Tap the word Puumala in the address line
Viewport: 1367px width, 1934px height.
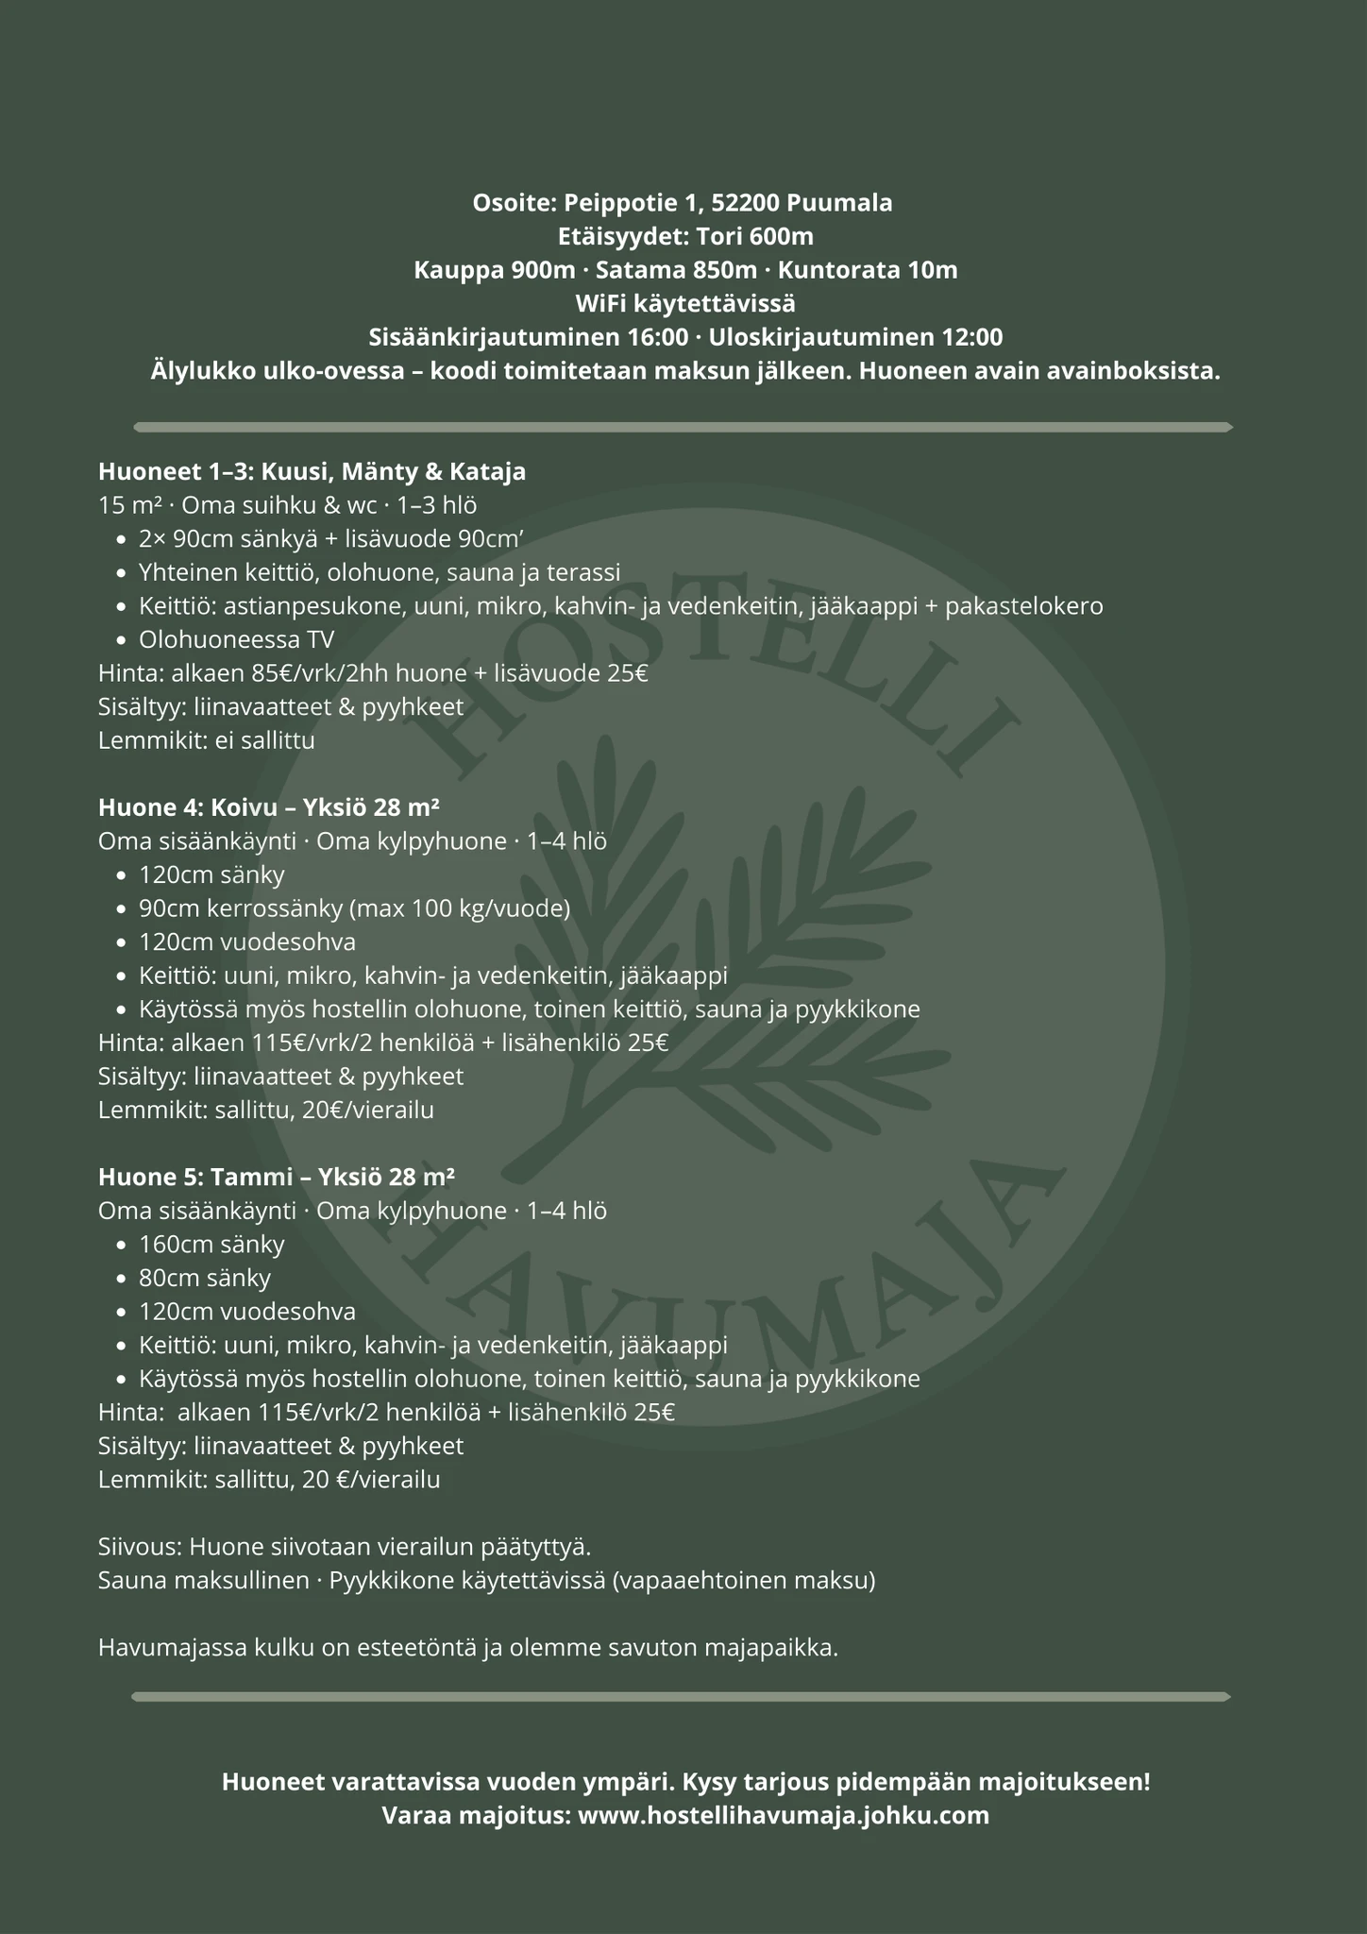pyautogui.click(x=839, y=203)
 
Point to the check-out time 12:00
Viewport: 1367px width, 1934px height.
pyautogui.click(x=971, y=337)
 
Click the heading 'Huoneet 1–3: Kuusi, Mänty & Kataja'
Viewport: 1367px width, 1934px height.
pyautogui.click(x=312, y=471)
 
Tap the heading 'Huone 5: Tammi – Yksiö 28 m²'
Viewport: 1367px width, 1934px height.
pyautogui.click(x=277, y=1178)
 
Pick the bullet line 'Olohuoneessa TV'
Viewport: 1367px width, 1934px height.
pyautogui.click(x=236, y=639)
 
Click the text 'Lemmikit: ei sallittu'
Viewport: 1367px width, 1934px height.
pyautogui.click(x=206, y=740)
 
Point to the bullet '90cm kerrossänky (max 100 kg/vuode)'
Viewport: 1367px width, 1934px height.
pyautogui.click(x=354, y=908)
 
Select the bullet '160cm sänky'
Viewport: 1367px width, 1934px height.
pyautogui.click(x=211, y=1245)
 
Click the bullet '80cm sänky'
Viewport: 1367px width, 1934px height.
pyautogui.click(x=205, y=1279)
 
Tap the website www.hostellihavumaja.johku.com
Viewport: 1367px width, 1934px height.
pyautogui.click(x=783, y=1816)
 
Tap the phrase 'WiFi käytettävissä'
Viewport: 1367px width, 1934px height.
pyautogui.click(x=685, y=304)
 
